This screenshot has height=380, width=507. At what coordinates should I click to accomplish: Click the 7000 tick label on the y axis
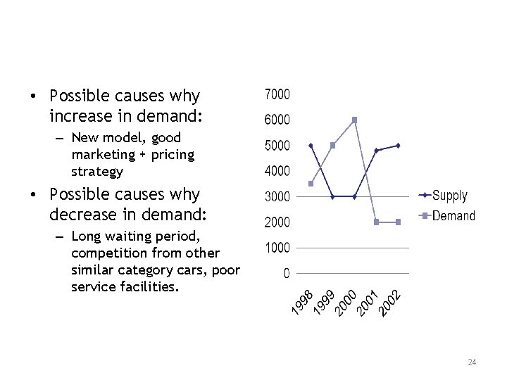(277, 94)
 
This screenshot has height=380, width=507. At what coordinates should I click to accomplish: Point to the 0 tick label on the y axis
(286, 274)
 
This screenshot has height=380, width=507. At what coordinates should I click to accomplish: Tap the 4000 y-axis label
(277, 171)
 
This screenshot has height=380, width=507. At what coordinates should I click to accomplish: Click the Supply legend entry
(449, 195)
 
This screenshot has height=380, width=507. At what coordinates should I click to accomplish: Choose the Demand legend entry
(453, 215)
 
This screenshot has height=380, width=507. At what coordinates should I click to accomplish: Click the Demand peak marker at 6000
(354, 120)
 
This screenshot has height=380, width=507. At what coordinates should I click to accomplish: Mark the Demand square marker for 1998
(311, 184)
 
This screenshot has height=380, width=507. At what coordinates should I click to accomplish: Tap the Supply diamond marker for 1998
(311, 146)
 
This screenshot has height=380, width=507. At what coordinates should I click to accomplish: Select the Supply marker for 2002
(398, 146)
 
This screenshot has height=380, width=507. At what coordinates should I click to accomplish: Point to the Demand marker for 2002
(398, 222)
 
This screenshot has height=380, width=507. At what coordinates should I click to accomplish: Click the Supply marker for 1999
(333, 196)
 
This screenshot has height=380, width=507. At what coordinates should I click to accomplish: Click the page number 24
(472, 362)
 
